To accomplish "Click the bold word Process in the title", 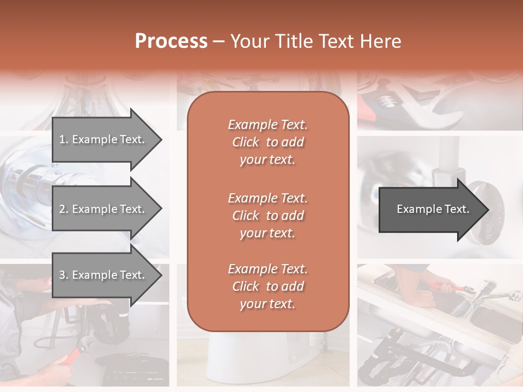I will (171, 41).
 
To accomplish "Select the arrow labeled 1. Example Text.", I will (104, 139).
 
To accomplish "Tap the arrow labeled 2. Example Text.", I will (104, 209).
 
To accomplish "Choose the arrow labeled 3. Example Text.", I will (104, 275).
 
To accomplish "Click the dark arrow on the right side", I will (430, 210).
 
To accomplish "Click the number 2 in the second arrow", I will (62, 209).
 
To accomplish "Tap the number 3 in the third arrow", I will (62, 275).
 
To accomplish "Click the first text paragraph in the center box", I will (267, 142).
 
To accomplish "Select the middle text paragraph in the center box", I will (267, 216).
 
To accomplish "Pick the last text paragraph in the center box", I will (267, 286).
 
